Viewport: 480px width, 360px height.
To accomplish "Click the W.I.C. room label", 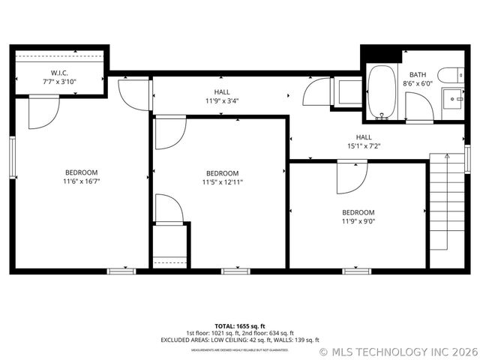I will pos(59,76).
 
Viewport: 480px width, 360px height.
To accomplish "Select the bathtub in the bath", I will pos(382,92).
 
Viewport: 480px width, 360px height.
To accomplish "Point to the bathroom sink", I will pos(453,97).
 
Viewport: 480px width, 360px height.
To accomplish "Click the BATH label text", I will pos(418,74).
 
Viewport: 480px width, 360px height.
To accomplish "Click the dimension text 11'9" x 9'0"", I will pos(358,221).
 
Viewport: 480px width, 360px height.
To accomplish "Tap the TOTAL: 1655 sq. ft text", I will pos(240,326).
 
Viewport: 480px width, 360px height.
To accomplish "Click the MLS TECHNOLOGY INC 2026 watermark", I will pos(397,351).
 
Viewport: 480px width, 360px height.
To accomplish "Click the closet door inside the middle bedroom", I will pos(168,208).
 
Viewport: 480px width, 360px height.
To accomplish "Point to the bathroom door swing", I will pos(418,107).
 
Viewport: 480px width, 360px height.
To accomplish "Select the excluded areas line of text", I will pos(240,340).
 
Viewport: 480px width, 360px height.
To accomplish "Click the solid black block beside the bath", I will pos(380,55).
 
